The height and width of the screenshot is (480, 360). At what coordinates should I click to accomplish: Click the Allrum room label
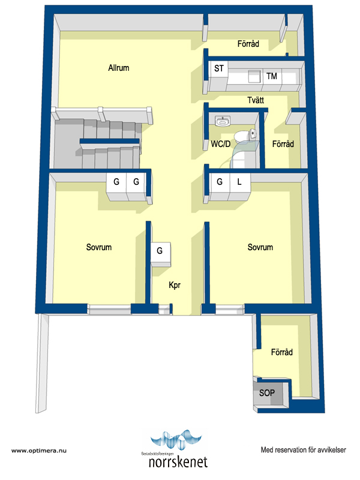[x=118, y=68]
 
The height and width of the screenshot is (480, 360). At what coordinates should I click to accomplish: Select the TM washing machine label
[x=272, y=76]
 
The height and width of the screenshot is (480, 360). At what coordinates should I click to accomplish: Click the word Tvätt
[x=256, y=100]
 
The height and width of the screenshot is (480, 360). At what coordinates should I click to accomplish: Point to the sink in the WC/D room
[x=223, y=121]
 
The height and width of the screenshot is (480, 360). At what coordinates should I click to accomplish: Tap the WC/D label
[x=220, y=144]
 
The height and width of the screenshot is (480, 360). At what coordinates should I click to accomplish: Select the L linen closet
[x=239, y=187]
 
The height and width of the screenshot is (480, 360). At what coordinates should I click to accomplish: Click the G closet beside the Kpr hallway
[x=160, y=254]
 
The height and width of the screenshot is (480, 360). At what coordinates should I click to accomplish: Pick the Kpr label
[x=175, y=285]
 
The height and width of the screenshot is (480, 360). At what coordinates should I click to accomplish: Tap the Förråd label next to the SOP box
[x=281, y=352]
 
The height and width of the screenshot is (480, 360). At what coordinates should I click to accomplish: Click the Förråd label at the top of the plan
[x=248, y=44]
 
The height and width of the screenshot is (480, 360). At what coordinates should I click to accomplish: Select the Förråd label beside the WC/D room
[x=283, y=144]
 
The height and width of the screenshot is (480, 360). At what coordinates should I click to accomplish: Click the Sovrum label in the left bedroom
[x=99, y=247]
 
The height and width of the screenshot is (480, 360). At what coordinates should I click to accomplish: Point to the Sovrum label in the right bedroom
[x=260, y=247]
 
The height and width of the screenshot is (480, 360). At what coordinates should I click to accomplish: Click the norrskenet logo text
[x=178, y=462]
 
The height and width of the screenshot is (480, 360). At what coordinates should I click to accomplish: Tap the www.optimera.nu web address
[x=39, y=451]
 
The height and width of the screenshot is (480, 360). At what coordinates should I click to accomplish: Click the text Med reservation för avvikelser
[x=304, y=449]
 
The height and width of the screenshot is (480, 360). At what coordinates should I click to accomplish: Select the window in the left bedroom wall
[x=109, y=309]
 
